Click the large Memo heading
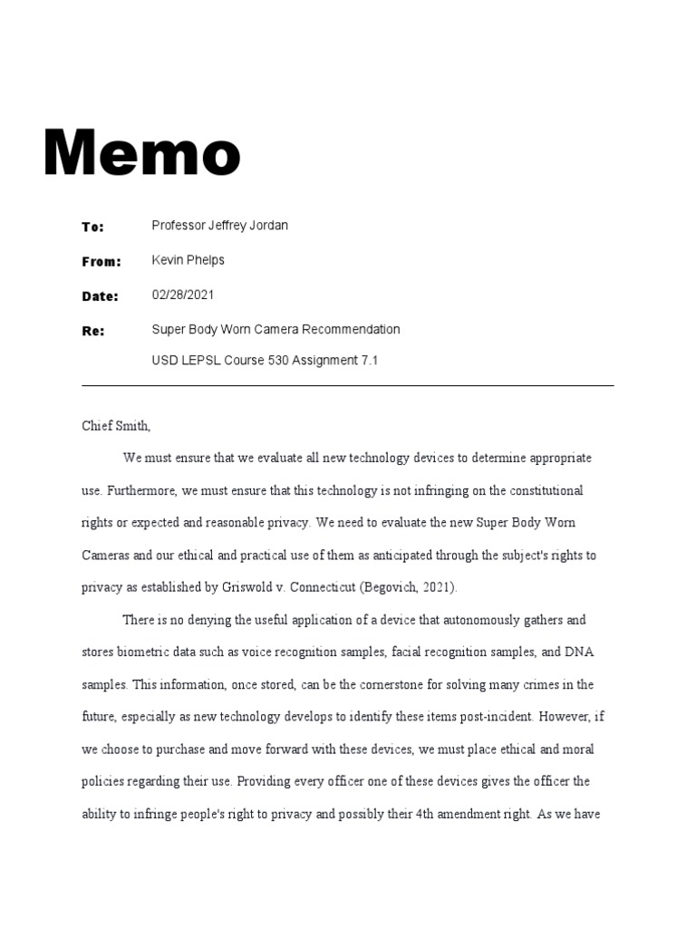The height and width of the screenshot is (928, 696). pos(143,153)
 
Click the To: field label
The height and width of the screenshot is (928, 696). pos(93,227)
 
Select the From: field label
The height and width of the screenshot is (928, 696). pos(101,262)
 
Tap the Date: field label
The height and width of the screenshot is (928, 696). pos(100,296)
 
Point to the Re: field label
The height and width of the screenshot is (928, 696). pos(93,331)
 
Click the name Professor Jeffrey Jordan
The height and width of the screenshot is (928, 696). pos(219,225)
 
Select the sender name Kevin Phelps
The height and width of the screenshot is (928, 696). pos(188,260)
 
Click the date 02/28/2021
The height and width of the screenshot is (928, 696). pos(183,295)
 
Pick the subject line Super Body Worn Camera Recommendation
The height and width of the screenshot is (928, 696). pos(275,329)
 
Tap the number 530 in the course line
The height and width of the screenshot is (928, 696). pos(278,360)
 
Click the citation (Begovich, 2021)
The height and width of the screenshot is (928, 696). pos(410,587)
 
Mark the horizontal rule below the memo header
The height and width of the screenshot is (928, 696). pos(347,386)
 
